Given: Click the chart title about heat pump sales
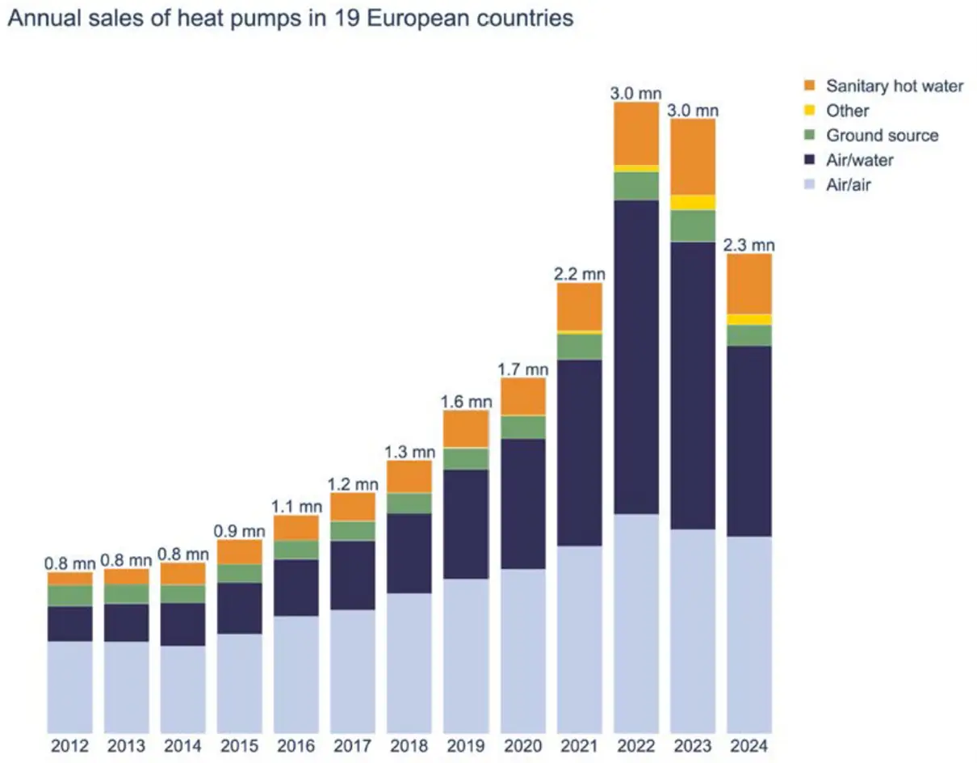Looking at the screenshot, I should [x=290, y=19].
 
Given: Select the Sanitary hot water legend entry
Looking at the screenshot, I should [x=894, y=86].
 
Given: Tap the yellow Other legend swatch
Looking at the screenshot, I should [x=811, y=111].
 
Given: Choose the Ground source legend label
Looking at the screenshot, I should [x=882, y=136].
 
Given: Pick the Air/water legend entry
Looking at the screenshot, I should [x=859, y=160].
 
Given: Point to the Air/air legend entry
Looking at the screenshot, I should [x=848, y=185].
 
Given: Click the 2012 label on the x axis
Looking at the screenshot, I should [x=69, y=747].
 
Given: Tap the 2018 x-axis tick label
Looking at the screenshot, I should [x=409, y=747].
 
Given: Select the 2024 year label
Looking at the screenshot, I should [x=749, y=747].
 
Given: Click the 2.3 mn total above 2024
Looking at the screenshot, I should [x=749, y=244].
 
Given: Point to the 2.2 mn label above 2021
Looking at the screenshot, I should [x=580, y=274].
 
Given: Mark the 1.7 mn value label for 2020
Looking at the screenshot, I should [x=523, y=369].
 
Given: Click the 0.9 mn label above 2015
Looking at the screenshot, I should [x=240, y=531].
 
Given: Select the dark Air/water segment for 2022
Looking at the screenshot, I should [x=636, y=356].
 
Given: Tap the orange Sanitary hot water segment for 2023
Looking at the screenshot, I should [x=693, y=156].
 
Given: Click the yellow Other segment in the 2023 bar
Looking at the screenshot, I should [x=693, y=202].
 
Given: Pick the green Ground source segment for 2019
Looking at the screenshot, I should [x=466, y=458].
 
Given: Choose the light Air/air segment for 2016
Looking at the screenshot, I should [x=296, y=673].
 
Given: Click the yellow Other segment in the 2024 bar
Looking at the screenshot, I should [x=749, y=319].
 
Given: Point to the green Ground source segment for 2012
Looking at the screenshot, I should [x=69, y=596].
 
